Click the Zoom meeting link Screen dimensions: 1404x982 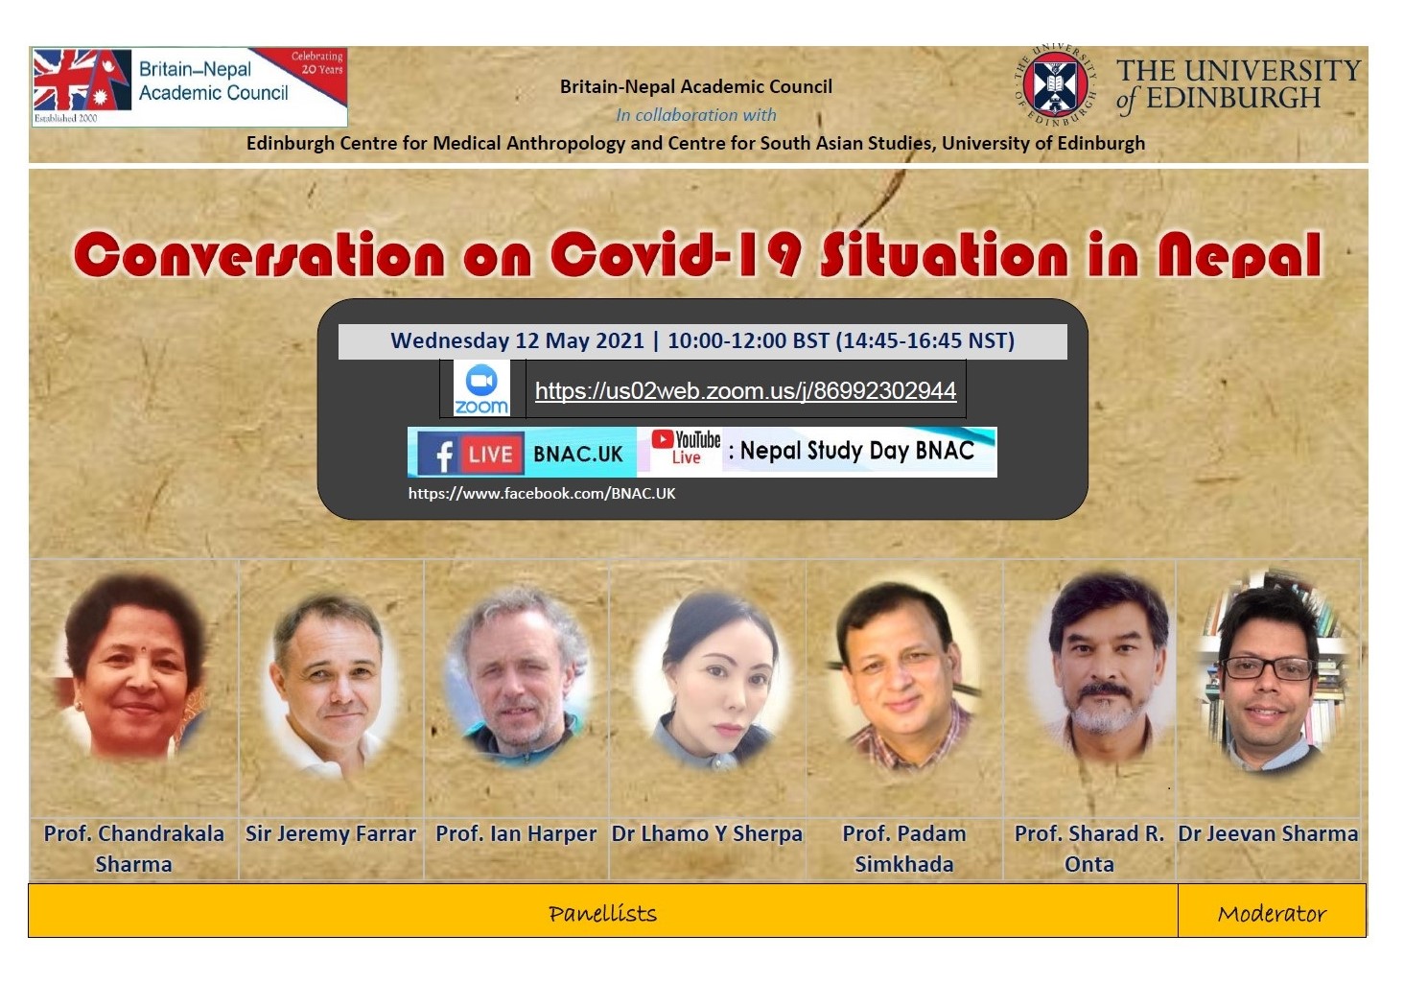tap(746, 391)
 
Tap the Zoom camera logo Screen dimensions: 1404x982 tap(481, 388)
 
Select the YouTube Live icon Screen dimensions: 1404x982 tap(686, 447)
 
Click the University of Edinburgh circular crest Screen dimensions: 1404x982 tap(1055, 84)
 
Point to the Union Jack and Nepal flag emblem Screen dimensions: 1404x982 tap(82, 81)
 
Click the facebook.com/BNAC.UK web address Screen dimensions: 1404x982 tap(542, 494)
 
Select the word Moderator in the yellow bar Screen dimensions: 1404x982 tap(1272, 914)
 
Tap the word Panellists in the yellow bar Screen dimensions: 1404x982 tap(603, 914)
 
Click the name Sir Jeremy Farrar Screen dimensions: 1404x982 tap(331, 834)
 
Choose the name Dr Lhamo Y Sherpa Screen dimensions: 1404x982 tap(707, 834)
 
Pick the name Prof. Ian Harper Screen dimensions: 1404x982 tap(516, 834)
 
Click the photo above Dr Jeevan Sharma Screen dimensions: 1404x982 tap(1271, 672)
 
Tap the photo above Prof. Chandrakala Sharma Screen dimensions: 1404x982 tap(134, 666)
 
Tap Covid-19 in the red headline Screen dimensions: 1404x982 tap(676, 254)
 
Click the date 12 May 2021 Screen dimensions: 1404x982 tap(580, 340)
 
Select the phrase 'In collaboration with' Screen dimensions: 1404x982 tap(695, 115)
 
